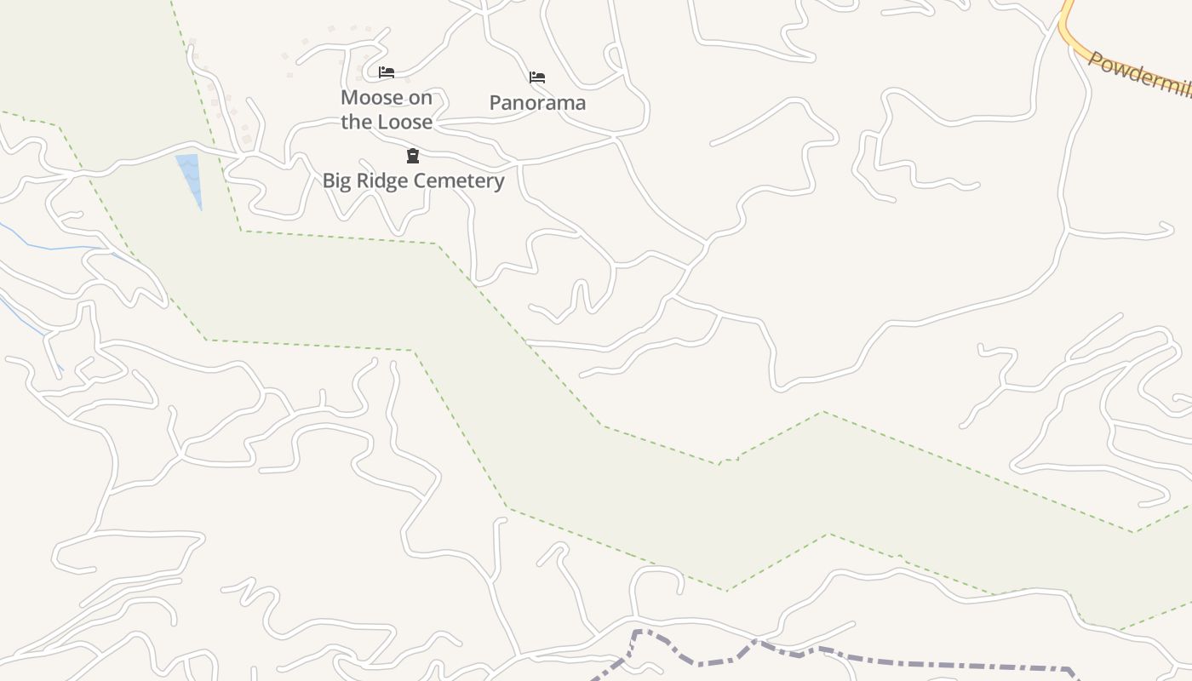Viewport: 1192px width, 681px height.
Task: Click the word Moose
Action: [371, 98]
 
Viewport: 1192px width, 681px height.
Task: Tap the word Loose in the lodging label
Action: [404, 122]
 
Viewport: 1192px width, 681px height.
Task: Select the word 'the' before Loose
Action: [356, 122]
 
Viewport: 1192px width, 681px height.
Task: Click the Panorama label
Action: [537, 103]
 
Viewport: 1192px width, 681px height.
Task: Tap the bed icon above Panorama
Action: [537, 77]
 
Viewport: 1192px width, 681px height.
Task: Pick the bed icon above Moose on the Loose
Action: [387, 72]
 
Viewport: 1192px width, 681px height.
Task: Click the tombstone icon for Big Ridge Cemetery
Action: [413, 156]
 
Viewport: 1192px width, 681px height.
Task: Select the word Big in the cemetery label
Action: [336, 181]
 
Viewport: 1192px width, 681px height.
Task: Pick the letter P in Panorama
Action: [496, 103]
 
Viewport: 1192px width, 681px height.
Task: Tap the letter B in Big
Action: [328, 181]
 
